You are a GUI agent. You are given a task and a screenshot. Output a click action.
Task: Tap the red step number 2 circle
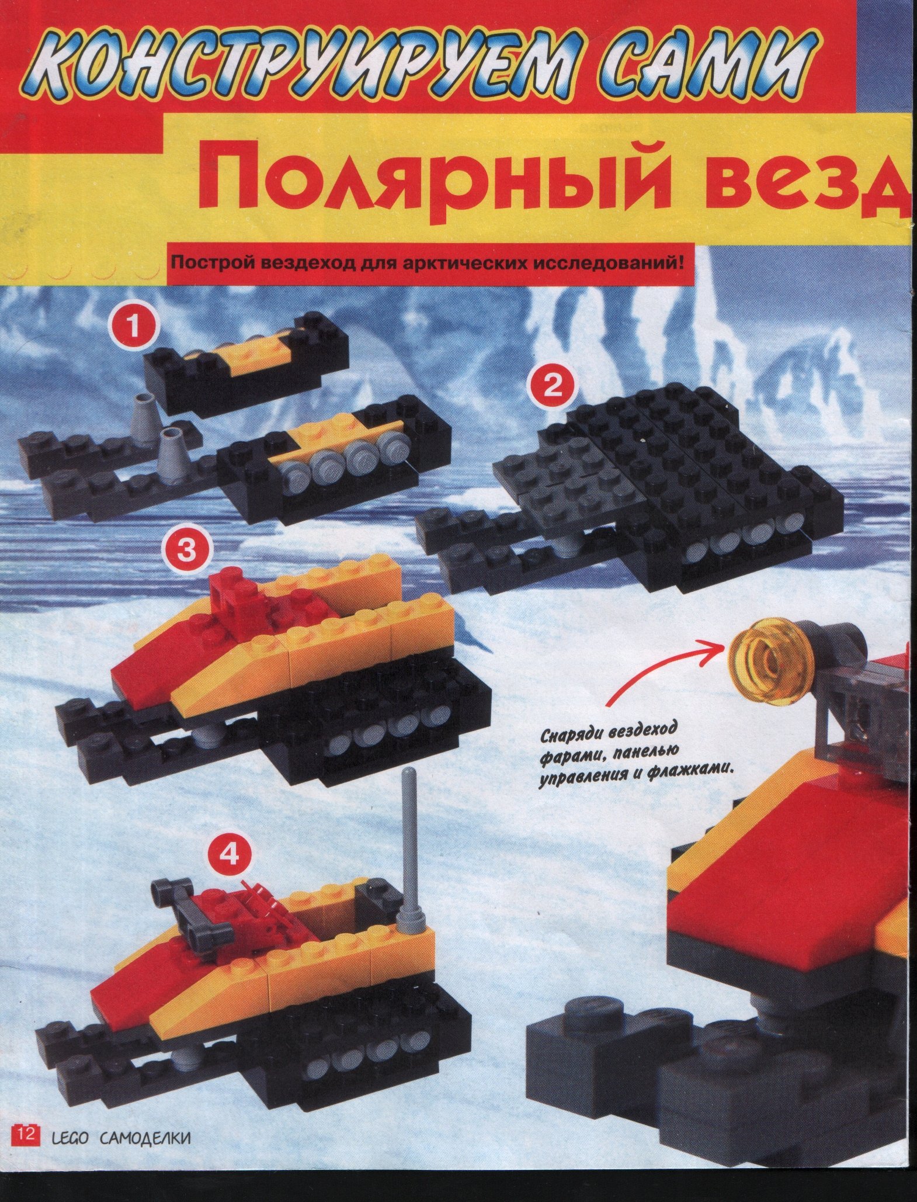pos(550,387)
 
